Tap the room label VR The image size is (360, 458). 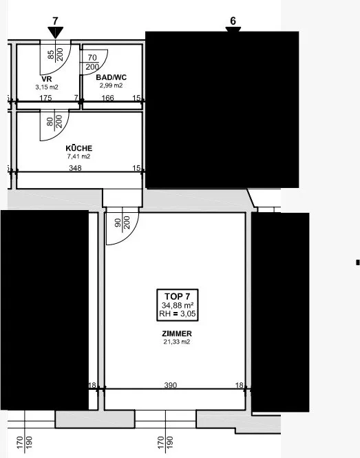tap(47, 79)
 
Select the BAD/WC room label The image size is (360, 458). tap(112, 77)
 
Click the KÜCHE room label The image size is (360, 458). tap(79, 148)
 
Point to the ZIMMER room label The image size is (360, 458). tap(177, 333)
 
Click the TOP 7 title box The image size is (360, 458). tap(178, 305)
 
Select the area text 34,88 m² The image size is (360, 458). tap(178, 306)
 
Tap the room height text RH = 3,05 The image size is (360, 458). tap(178, 314)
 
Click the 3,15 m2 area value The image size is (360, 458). tap(47, 87)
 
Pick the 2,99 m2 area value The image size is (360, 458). tap(111, 85)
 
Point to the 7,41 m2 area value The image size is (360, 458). tap(79, 156)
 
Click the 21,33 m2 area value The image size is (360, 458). tap(177, 342)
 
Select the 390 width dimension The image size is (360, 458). tap(171, 385)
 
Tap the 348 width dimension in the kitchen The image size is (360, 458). tap(75, 168)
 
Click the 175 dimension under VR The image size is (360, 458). tap(45, 98)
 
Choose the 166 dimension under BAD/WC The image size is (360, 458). tap(108, 98)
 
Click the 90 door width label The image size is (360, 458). tap(118, 223)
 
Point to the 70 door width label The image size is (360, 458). tap(92, 58)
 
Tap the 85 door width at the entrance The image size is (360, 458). tap(51, 54)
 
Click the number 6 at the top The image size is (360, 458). tap(233, 21)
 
